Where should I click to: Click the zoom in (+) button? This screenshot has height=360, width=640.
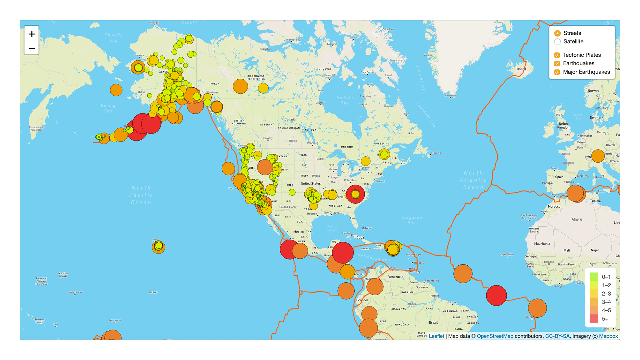coord(32,34)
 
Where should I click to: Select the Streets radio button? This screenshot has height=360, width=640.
coord(557,33)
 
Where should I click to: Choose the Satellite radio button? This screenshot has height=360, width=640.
coord(557,42)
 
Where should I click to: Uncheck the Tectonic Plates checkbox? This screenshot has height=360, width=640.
coord(557,55)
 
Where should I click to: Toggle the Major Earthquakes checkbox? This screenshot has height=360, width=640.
coord(557,72)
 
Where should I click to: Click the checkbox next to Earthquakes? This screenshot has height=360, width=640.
coord(557,63)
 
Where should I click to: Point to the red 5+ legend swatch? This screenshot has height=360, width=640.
coord(594,319)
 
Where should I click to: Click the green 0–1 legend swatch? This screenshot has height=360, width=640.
coord(594,277)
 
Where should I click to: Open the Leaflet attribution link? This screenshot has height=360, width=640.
coord(436,336)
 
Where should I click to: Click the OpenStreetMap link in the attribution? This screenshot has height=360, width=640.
coord(495,336)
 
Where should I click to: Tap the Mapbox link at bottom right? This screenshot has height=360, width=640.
coord(608,336)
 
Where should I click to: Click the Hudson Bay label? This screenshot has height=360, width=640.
coord(344,100)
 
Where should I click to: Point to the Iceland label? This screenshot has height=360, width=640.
coord(521,69)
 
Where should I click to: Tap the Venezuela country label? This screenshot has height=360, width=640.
coord(396,277)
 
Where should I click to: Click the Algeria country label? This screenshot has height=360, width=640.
coord(577,219)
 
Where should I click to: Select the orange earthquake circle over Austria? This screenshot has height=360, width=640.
coord(598,156)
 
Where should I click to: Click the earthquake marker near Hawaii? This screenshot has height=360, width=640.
coord(158,247)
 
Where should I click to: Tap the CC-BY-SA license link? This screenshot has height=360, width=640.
coord(557,336)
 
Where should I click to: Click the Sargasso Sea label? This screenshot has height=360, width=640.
coord(412,220)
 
